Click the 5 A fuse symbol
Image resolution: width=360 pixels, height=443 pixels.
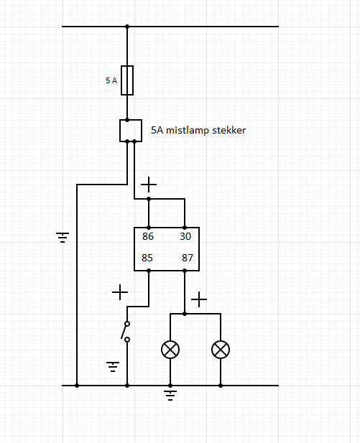[x=127, y=80]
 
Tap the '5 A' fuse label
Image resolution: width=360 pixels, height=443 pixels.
[x=111, y=80]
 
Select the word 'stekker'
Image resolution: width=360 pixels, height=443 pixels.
[x=229, y=130]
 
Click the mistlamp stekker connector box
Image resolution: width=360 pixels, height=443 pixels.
[x=131, y=131]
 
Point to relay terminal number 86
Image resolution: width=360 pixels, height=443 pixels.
[x=148, y=236]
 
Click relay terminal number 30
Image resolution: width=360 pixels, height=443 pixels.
[x=185, y=236]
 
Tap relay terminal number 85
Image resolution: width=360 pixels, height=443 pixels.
[x=147, y=258]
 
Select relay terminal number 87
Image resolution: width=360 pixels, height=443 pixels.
[x=188, y=258]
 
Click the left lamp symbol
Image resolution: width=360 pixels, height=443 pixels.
[x=170, y=350]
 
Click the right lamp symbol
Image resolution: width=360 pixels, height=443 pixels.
[x=221, y=350]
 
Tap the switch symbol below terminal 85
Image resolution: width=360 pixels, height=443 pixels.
[x=126, y=332]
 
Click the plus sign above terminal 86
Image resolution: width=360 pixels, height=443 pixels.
[x=149, y=185]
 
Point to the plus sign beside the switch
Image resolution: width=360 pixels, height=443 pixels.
[x=120, y=292]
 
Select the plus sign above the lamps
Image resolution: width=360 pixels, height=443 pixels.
[x=199, y=299]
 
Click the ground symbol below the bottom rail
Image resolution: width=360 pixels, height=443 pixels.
[x=170, y=395]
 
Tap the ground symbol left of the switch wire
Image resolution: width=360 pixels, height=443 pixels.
[x=113, y=366]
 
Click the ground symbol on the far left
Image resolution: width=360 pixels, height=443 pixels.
[x=63, y=238]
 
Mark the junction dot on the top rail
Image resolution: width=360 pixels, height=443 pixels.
[x=127, y=27]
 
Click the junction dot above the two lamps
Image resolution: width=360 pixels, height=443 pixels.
[x=185, y=314]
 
